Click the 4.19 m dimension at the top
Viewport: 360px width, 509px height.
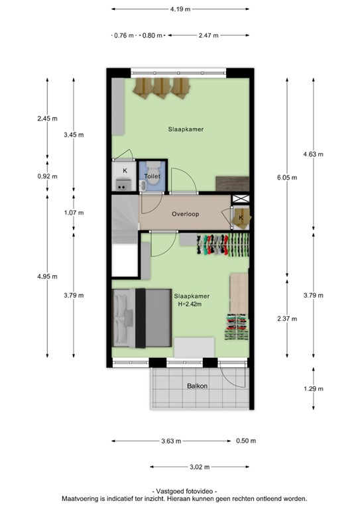tap(180, 9)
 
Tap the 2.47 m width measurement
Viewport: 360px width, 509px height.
tap(209, 35)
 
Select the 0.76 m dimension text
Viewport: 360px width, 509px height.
tap(124, 35)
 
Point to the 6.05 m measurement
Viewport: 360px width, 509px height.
tap(286, 177)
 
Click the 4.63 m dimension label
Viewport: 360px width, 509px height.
tap(313, 154)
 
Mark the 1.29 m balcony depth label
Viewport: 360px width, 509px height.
tap(313, 388)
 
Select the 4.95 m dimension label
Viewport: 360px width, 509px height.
tap(47, 276)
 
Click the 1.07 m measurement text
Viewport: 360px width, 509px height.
tap(74, 213)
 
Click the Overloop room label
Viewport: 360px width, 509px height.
tap(185, 214)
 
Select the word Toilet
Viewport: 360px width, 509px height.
tap(152, 176)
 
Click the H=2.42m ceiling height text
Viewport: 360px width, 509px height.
tap(192, 304)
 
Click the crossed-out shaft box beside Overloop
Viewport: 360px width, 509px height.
tap(239, 199)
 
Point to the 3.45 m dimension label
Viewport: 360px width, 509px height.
tap(74, 135)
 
